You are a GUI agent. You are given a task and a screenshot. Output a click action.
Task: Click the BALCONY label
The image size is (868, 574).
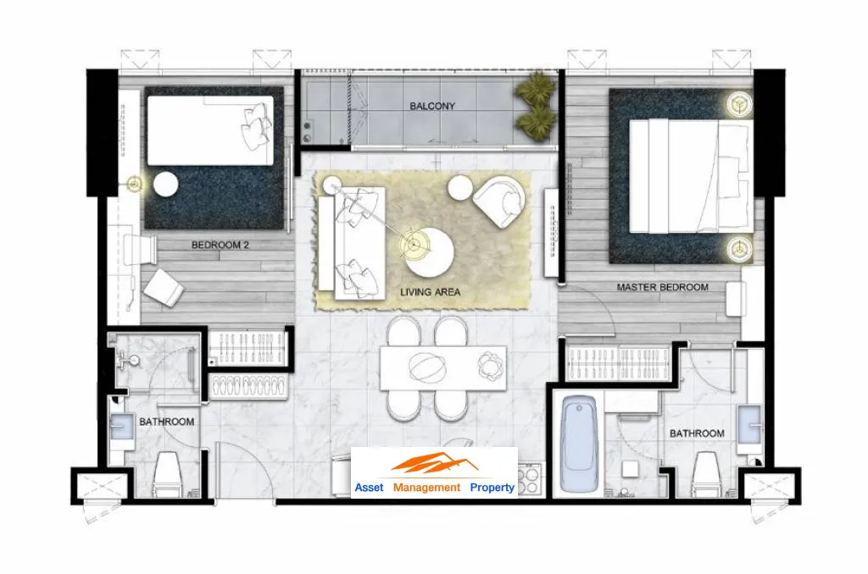[x=431, y=106]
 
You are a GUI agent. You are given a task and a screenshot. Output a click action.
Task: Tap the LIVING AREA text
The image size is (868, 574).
[x=430, y=292]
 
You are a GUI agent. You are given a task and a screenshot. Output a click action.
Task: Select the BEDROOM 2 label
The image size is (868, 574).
[x=220, y=245]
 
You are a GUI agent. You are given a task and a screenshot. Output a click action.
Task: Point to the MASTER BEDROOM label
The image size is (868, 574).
[x=662, y=287]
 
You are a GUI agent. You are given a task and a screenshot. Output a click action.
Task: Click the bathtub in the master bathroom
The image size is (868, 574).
[x=579, y=444]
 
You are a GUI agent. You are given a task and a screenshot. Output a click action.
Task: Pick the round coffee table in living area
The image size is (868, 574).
[x=430, y=253]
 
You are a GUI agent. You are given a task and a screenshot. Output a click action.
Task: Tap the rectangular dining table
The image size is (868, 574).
[x=442, y=367]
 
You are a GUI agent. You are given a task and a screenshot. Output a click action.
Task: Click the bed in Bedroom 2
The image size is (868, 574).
[x=210, y=130]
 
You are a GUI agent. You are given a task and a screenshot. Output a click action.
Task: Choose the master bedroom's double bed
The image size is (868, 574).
[x=691, y=176]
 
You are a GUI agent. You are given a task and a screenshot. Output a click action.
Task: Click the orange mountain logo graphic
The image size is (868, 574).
[x=435, y=463]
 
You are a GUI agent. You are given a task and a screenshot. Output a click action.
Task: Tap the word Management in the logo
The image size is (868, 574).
[x=426, y=487]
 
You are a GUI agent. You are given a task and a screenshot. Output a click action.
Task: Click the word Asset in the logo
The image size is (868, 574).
[x=369, y=487]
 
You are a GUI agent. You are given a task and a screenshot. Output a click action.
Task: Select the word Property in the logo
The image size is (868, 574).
[x=492, y=487]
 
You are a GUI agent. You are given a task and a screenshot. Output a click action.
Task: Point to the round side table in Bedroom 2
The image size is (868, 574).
[x=165, y=185]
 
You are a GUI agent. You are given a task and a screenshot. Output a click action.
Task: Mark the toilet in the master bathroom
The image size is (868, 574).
[x=706, y=473]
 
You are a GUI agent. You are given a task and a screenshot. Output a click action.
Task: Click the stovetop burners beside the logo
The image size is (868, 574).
[x=529, y=480]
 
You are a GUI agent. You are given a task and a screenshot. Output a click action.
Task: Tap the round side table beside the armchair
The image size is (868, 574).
[x=460, y=189]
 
